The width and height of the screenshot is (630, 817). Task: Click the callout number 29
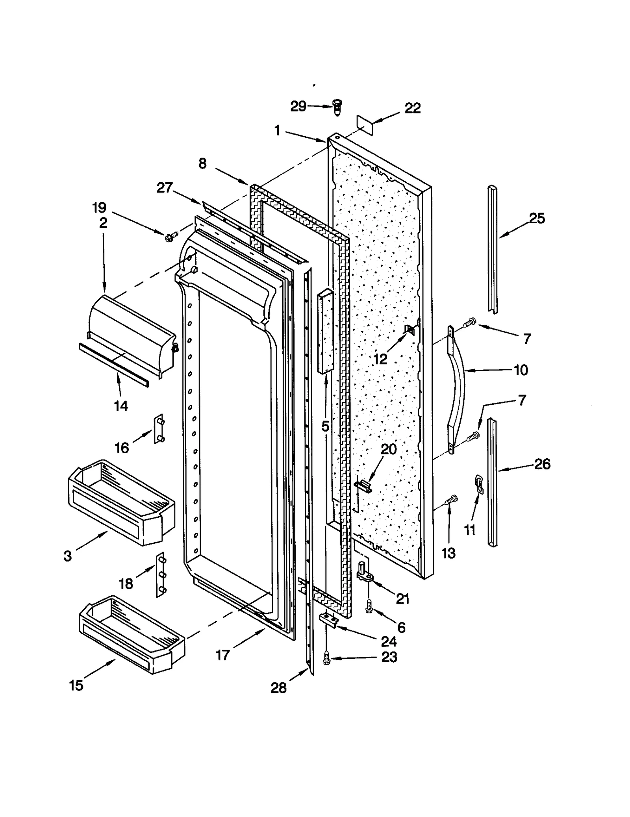pos(298,106)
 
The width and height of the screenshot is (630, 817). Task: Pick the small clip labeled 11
pos(479,484)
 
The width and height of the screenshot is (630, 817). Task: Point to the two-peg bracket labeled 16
pos(159,429)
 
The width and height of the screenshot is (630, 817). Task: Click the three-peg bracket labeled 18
pos(160,575)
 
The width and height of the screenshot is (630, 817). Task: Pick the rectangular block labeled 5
pos(325,331)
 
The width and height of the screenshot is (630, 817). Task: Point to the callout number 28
pos(278,688)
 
